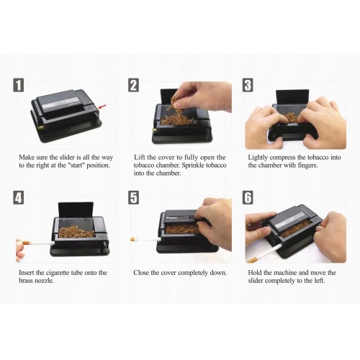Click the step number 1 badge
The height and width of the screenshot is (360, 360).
coord(19,85)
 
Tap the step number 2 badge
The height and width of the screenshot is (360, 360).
coord(133,85)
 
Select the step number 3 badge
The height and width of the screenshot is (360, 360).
coord(248,85)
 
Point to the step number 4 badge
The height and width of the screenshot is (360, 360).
coord(19,199)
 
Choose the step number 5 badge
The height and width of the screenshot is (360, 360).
coord(133,198)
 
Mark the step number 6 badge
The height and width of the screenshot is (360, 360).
coord(248,197)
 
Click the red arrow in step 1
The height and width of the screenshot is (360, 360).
coord(103,107)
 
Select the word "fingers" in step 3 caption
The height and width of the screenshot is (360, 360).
coord(308,166)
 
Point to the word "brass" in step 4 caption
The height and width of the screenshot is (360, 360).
coord(26,280)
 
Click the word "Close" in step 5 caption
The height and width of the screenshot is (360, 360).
coord(141,273)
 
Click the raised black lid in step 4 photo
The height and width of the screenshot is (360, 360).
coord(76,210)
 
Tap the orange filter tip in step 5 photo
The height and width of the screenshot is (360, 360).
coord(132,239)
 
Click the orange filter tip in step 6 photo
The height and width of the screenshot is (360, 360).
coord(252,260)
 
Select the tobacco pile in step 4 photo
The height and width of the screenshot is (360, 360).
coord(76,231)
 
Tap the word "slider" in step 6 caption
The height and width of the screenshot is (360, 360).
coord(256,280)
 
